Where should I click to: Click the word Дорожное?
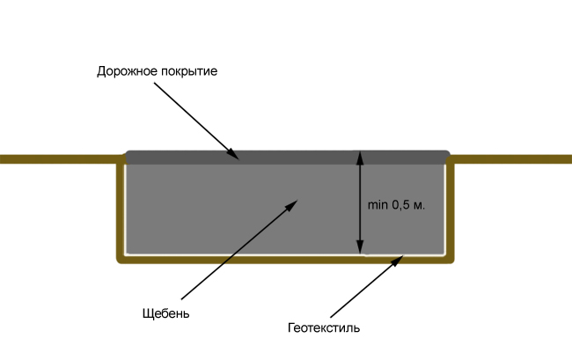click(x=127, y=70)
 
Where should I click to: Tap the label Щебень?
click(x=165, y=313)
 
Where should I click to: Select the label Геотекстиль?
click(x=324, y=327)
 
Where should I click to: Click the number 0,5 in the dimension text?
click(x=400, y=205)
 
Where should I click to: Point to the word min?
click(x=378, y=205)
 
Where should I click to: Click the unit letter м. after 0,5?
click(x=419, y=206)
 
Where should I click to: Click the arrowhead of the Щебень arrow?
click(x=291, y=205)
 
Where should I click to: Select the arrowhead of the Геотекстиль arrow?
click(x=398, y=261)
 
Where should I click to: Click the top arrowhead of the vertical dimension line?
click(x=360, y=158)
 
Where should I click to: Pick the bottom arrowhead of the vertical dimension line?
click(x=360, y=246)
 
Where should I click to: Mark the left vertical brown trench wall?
click(x=121, y=209)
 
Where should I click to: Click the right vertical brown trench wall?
click(x=451, y=209)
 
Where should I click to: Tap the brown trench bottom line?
click(x=285, y=260)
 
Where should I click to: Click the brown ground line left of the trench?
click(x=60, y=159)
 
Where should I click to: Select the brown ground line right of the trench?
click(x=510, y=159)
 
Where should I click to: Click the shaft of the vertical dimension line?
click(x=360, y=202)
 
